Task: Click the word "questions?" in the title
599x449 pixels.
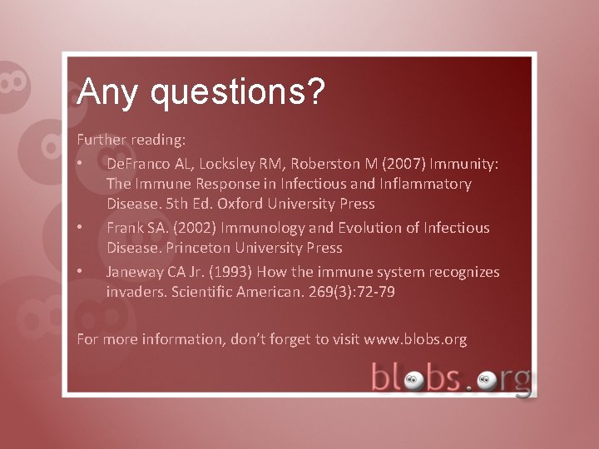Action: pyautogui.click(x=237, y=93)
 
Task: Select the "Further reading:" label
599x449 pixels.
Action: pyautogui.click(x=120, y=139)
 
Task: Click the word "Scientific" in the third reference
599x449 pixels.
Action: pyautogui.click(x=205, y=292)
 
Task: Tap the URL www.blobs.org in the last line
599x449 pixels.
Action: pyautogui.click(x=415, y=339)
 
